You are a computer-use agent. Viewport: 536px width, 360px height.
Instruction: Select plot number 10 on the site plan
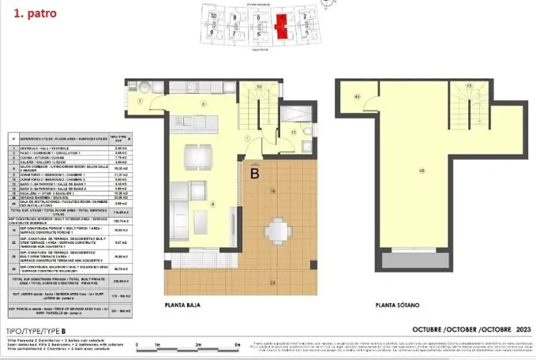[x=213, y=16]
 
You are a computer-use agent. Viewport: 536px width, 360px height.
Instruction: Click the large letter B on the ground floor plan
[x=254, y=174]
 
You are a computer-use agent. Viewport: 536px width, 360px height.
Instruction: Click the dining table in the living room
[x=199, y=155]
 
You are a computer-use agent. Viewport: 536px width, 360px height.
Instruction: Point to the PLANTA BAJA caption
[x=182, y=305]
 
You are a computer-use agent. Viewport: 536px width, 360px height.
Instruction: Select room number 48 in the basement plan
[x=422, y=170]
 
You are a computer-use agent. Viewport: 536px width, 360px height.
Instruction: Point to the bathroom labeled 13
[x=293, y=132]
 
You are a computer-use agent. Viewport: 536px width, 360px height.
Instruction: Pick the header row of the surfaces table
[x=69, y=139]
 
